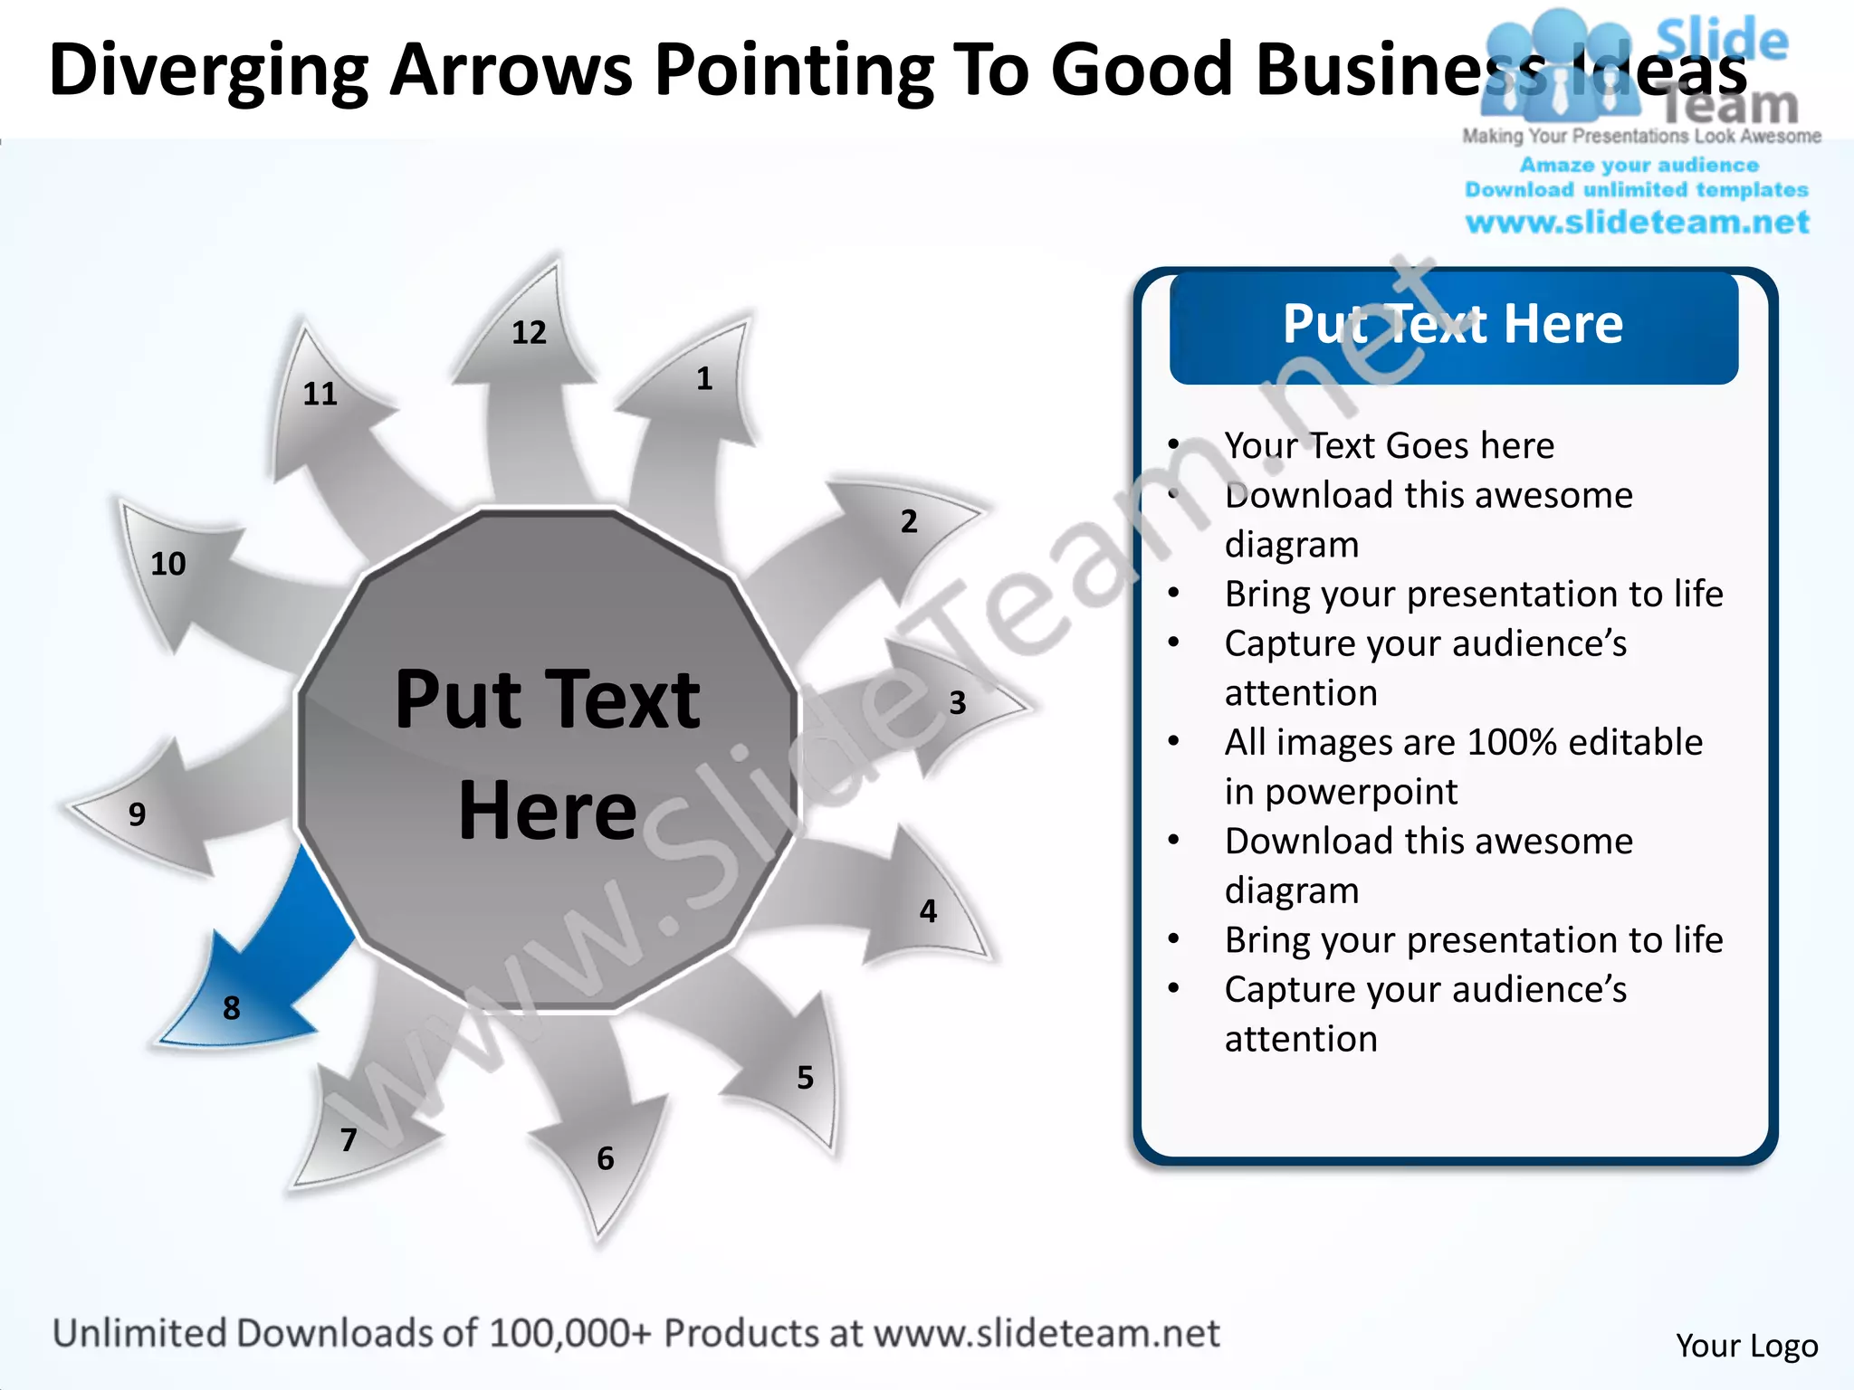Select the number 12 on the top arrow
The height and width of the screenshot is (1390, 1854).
(x=529, y=333)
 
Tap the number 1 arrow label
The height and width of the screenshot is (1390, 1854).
(x=704, y=378)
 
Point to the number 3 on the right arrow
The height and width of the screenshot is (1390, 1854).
(x=958, y=703)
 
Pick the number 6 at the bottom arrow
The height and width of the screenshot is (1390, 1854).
(x=606, y=1158)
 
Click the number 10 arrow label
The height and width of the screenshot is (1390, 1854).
(x=168, y=564)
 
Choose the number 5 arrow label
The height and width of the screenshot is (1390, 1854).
(x=805, y=1077)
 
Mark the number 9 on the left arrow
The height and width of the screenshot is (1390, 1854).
(x=137, y=814)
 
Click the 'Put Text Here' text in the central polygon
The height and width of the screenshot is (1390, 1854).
(x=548, y=753)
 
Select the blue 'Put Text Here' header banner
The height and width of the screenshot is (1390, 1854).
(x=1453, y=326)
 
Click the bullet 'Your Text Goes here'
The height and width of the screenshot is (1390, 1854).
(x=1389, y=445)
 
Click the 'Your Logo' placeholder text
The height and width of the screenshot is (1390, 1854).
(x=1746, y=1346)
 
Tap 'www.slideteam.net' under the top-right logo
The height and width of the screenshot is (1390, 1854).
(x=1638, y=222)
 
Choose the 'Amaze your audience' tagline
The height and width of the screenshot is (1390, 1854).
(x=1639, y=165)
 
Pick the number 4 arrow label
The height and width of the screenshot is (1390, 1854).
(x=928, y=910)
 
